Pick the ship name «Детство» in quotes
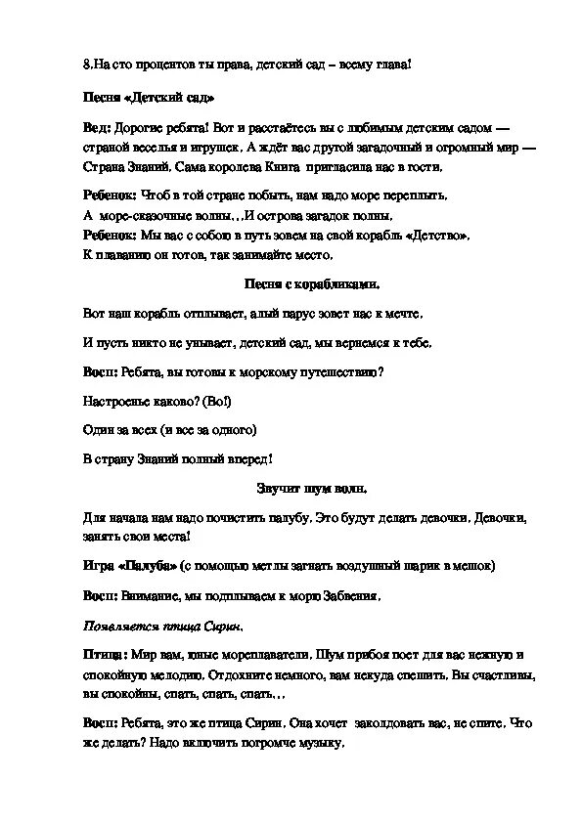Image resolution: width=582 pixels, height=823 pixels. [x=435, y=236]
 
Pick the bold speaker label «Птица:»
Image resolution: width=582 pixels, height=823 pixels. [x=102, y=654]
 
